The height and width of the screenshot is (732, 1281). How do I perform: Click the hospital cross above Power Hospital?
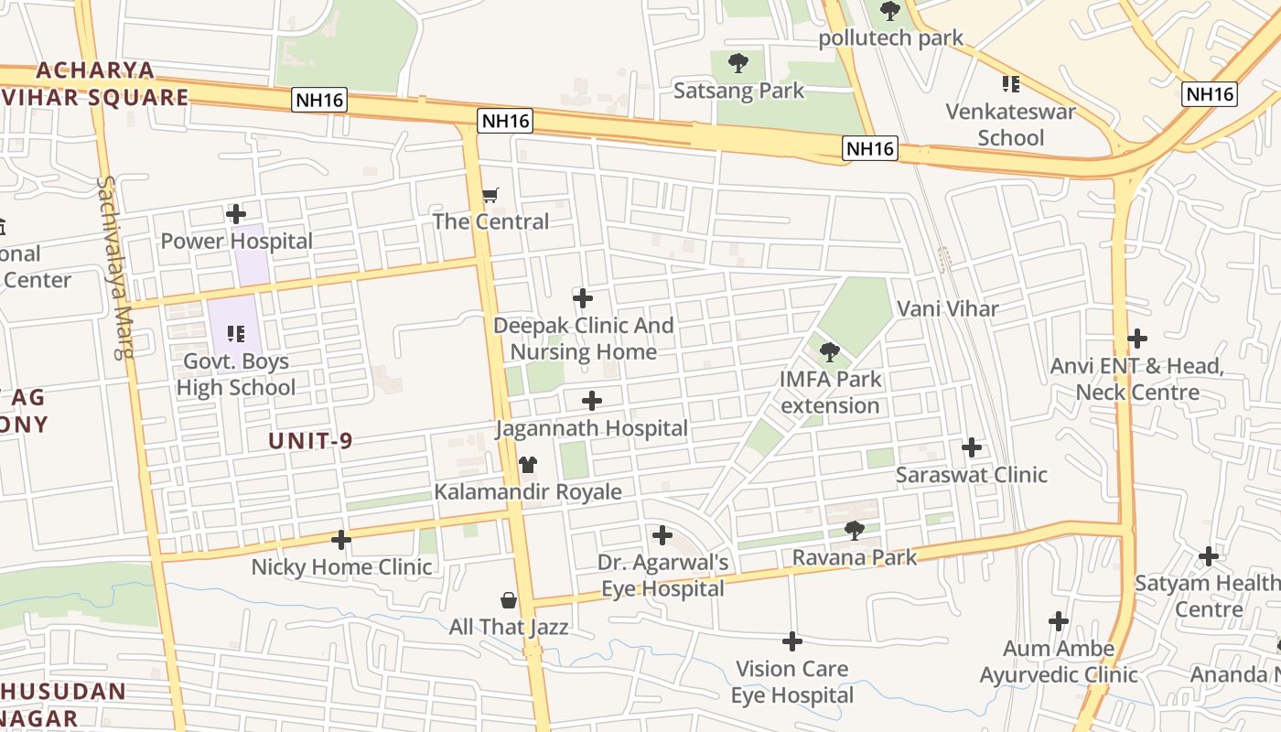click(236, 215)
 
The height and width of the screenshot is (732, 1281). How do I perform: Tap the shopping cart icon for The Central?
click(490, 195)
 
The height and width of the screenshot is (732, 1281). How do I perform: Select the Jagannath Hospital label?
click(591, 428)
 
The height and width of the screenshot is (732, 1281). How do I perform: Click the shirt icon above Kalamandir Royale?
click(527, 465)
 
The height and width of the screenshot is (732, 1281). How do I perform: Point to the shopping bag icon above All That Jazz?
click(509, 600)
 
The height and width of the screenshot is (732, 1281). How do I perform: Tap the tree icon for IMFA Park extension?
click(830, 351)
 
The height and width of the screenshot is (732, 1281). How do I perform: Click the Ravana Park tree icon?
click(854, 530)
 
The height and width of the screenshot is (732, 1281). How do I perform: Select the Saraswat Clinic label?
click(971, 475)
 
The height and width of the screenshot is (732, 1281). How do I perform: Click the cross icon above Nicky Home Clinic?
click(341, 540)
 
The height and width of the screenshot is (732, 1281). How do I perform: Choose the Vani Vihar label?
click(947, 309)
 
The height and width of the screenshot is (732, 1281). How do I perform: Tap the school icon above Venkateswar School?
click(1010, 85)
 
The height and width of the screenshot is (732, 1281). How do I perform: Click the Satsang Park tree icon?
click(738, 64)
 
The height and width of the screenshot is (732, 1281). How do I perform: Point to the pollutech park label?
click(890, 38)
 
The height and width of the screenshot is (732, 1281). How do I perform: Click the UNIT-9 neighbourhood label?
click(310, 441)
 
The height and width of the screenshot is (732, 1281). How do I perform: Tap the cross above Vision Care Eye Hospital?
click(792, 641)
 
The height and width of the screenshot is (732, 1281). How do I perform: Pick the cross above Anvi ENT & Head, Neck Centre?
click(1137, 339)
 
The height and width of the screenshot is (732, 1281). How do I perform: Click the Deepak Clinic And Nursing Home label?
click(583, 339)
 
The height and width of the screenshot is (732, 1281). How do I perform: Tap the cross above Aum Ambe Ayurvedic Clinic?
click(1059, 622)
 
